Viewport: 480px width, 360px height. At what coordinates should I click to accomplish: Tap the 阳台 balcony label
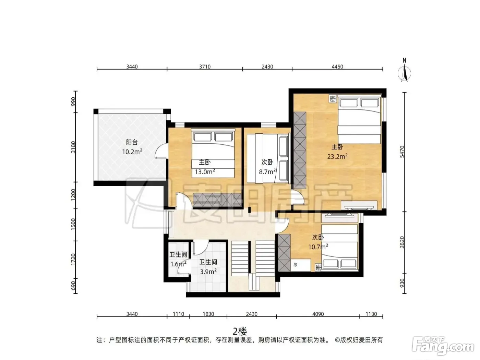click(132, 142)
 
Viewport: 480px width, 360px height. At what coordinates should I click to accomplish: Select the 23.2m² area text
click(337, 156)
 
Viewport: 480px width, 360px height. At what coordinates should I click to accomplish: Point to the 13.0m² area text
click(205, 171)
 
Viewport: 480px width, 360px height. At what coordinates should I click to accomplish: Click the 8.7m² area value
click(267, 172)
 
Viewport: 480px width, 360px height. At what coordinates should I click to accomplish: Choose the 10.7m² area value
click(318, 247)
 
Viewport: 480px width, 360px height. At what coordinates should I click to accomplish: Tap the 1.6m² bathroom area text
click(178, 264)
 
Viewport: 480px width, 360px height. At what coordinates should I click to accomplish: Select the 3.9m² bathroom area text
click(208, 272)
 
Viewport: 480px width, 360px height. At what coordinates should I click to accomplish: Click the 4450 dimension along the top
click(337, 67)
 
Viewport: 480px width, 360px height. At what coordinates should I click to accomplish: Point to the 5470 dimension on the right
click(402, 152)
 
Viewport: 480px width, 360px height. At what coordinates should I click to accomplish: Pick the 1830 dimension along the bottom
click(208, 314)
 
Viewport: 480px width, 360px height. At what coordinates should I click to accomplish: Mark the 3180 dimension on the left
click(73, 147)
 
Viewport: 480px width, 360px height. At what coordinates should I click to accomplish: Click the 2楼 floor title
click(240, 331)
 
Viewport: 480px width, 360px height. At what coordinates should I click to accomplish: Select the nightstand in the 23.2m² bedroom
click(333, 99)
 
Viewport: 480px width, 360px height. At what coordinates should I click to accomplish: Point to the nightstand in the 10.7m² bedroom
click(318, 267)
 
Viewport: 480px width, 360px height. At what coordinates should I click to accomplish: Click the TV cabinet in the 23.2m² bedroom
click(359, 205)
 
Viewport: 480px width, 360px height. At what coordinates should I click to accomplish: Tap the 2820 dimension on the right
click(402, 242)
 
